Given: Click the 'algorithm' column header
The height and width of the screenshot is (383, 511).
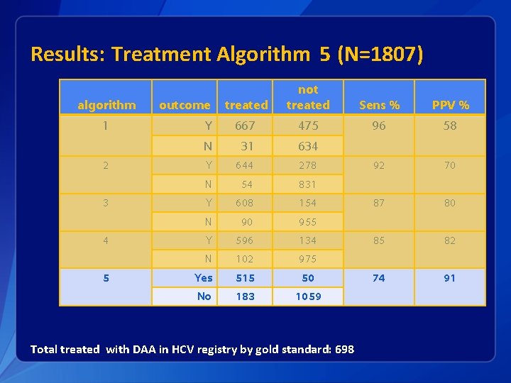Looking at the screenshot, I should coord(106,105).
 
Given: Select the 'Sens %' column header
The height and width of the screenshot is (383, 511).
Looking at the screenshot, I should coord(379,105).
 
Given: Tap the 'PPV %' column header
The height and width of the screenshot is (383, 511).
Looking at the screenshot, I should coord(449,105).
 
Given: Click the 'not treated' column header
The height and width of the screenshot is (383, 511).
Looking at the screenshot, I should coord(308,97).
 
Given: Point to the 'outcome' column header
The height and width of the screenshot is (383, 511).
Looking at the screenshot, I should coord(185,105).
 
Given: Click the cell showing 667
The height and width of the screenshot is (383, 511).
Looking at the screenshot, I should coord(245,126).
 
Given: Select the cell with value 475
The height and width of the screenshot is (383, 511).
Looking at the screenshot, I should coord(308,126).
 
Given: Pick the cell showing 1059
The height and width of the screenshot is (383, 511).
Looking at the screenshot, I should coord(308,296).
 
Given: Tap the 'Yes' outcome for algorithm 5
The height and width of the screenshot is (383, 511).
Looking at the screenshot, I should coord(204,278).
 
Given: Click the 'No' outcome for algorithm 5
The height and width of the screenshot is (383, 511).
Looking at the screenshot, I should coord(204,296).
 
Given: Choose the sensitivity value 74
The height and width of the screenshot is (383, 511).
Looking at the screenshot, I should coord(379,278).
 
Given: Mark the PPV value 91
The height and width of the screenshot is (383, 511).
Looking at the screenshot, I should coord(449,278).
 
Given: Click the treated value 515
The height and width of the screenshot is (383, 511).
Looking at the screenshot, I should coord(245,278).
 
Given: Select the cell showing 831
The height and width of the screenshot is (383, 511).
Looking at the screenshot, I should coord(308,184).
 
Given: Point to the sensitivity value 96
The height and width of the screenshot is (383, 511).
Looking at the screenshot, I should coord(379,126).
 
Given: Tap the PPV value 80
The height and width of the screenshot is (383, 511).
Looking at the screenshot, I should coord(449,203).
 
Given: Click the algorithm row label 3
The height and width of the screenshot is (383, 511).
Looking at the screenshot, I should coord(106,203).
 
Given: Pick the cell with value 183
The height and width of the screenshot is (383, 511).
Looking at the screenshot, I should coord(245,296).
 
